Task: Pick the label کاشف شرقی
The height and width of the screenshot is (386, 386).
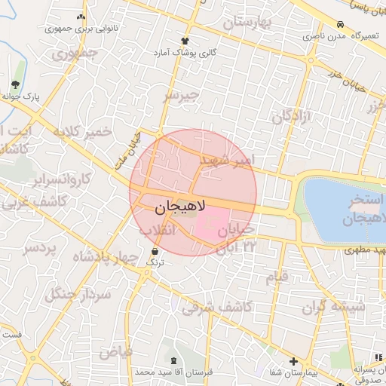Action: coord(217,307)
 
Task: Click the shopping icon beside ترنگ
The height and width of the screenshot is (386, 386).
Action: coord(155,250)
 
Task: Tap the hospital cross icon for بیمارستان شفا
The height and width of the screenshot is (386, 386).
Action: coord(293,362)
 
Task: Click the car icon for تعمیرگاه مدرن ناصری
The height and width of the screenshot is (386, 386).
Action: coord(342,24)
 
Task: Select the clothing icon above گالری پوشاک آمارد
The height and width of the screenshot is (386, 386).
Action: coord(185,41)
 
